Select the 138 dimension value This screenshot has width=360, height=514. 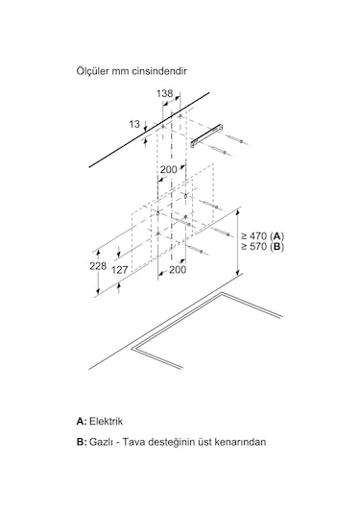[164, 93]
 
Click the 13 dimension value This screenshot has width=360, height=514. [132, 124]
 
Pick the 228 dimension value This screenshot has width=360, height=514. [97, 266]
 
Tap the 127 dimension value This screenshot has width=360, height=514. [120, 271]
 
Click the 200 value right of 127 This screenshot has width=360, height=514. [178, 271]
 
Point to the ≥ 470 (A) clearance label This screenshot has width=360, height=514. [263, 235]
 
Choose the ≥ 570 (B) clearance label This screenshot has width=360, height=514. [263, 247]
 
